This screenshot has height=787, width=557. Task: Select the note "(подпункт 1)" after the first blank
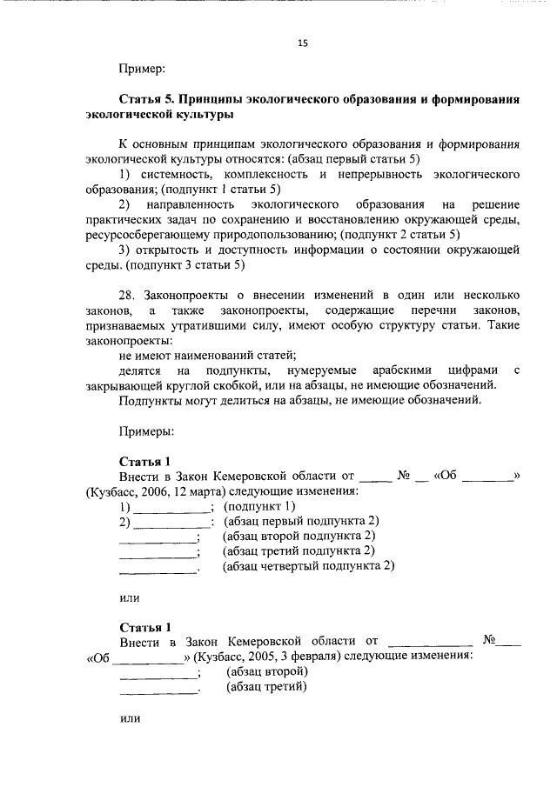pyautogui.click(x=260, y=506)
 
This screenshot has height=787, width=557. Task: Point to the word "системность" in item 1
pyautogui.click(x=174, y=175)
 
